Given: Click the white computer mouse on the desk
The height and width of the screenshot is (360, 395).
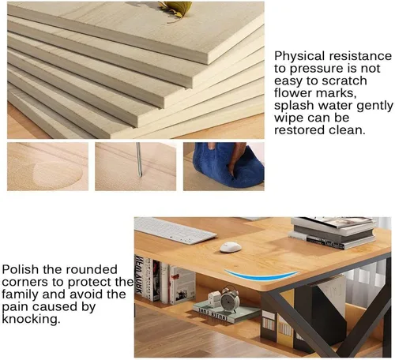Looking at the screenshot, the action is click(x=231, y=247).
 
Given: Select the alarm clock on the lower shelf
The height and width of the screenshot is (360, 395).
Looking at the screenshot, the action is click(x=230, y=299).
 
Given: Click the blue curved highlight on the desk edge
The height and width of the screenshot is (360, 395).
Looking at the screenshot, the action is click(x=261, y=275).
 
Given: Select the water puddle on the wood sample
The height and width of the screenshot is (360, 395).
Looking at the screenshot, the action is click(x=58, y=172).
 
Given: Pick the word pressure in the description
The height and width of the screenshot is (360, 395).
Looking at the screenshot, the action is click(x=316, y=69).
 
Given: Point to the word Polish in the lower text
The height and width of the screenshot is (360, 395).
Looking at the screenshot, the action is click(x=20, y=269).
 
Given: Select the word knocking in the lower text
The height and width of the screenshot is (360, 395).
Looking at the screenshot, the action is click(x=31, y=319).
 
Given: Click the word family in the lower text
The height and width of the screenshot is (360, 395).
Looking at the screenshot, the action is click(x=20, y=294).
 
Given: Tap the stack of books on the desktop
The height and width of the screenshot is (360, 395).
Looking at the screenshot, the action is click(x=333, y=232).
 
